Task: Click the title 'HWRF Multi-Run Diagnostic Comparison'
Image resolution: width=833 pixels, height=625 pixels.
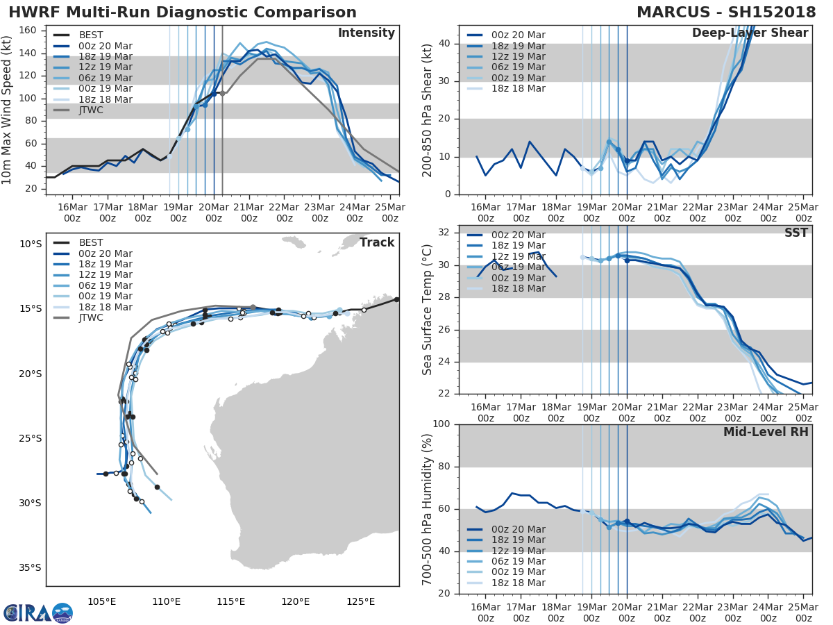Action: (183, 12)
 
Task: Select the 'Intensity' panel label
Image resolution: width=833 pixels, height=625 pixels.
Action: (366, 33)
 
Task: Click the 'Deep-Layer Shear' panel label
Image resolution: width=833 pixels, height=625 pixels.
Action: (750, 33)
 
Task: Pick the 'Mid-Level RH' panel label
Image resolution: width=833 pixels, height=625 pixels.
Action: (766, 432)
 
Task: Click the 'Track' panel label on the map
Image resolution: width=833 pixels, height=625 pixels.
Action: (376, 242)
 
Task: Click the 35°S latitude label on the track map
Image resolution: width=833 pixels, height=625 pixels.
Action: (30, 567)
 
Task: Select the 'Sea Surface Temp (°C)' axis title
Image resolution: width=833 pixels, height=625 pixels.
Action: (428, 309)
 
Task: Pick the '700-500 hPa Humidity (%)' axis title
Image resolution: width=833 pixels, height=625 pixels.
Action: (428, 508)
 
